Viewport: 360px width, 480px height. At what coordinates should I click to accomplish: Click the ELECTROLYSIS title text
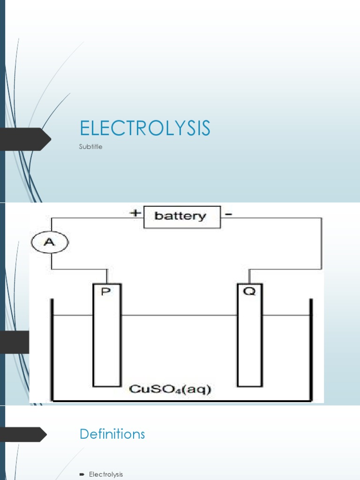coord(145,129)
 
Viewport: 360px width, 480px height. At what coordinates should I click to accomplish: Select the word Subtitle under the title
coord(90,147)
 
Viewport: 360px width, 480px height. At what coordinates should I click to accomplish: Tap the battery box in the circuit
coord(181,217)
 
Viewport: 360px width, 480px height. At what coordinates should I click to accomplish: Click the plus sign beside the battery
coord(135,213)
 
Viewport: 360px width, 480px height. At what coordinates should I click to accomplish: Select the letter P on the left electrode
coord(107,292)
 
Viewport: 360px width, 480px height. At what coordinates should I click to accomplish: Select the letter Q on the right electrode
coord(250,292)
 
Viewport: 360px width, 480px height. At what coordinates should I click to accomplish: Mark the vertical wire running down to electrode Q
coord(321,244)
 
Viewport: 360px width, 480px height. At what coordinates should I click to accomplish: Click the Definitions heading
coord(112,434)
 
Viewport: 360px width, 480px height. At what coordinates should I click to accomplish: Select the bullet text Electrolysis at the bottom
coord(106,474)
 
